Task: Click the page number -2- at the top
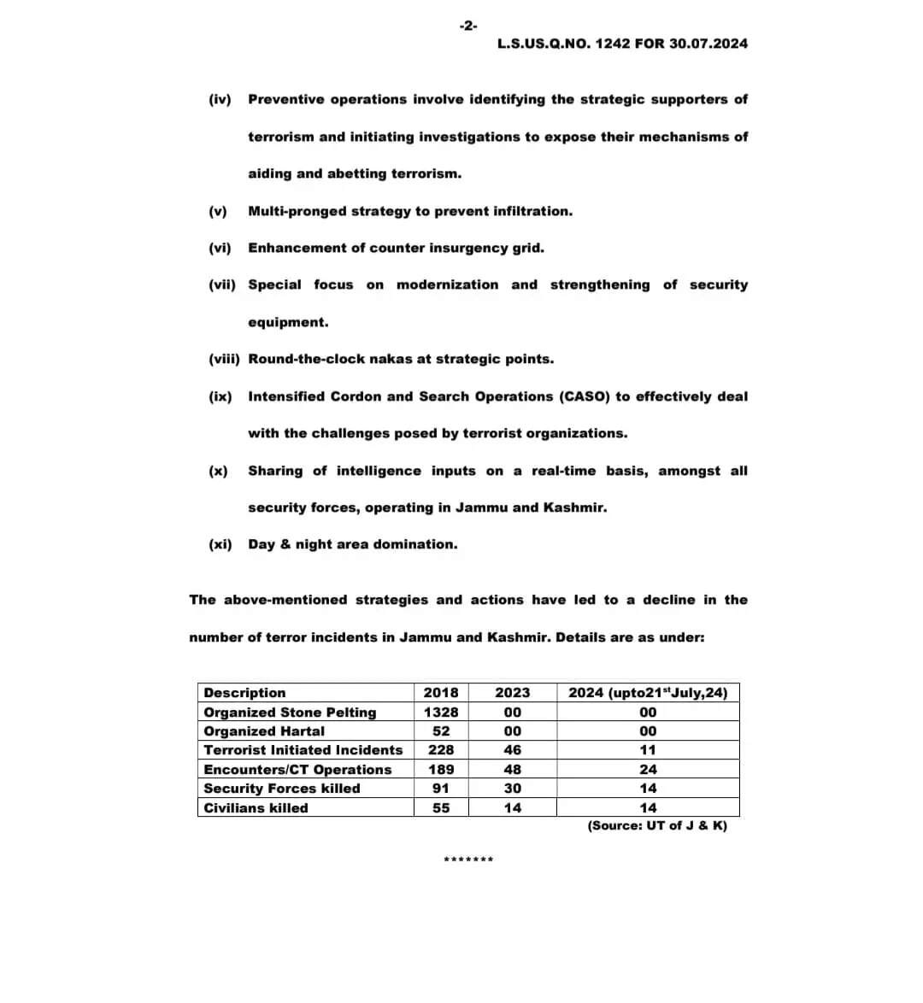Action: (x=468, y=26)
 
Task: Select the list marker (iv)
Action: (x=220, y=100)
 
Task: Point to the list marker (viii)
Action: (x=224, y=360)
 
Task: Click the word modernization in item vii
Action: (x=447, y=285)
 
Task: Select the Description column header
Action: (x=245, y=693)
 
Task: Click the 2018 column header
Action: (x=441, y=693)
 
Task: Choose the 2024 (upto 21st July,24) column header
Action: (x=648, y=693)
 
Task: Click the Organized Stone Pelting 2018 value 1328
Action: (x=441, y=713)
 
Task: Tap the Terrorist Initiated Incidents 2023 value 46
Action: (x=513, y=750)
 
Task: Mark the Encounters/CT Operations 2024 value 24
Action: (x=648, y=770)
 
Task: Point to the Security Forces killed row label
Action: (x=282, y=789)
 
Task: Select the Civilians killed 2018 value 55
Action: (x=441, y=808)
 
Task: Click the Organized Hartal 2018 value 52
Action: (x=441, y=731)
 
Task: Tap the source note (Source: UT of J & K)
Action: (x=657, y=826)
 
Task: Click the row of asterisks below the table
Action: (x=468, y=859)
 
